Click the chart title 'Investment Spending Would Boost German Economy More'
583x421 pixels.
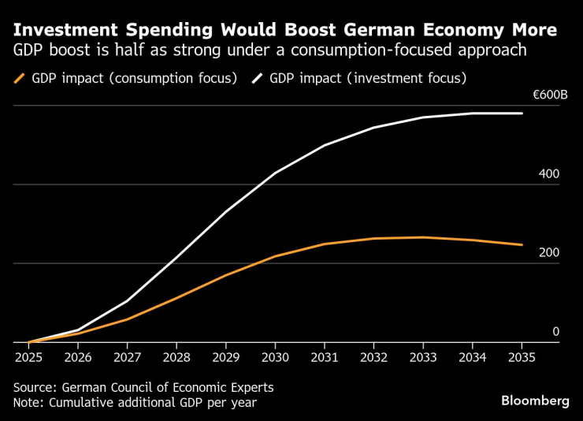click(285, 30)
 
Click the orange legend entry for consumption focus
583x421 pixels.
click(126, 79)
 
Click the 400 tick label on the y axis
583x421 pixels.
click(548, 174)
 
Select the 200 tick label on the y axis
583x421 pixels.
click(548, 253)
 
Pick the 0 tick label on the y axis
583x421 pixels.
click(555, 332)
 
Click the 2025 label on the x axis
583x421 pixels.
click(28, 356)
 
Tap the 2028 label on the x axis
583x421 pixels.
click(176, 356)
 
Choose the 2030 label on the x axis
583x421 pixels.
click(275, 356)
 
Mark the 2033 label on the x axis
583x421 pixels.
click(423, 356)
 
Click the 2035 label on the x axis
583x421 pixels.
click(522, 356)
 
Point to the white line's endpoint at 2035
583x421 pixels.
click(522, 114)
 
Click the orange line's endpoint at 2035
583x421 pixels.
click(522, 245)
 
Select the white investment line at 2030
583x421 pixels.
click(275, 173)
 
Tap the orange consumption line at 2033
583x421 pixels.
click(423, 237)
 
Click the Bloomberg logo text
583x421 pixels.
click(535, 401)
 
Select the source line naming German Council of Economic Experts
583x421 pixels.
click(143, 387)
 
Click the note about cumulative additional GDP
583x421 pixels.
click(134, 402)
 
